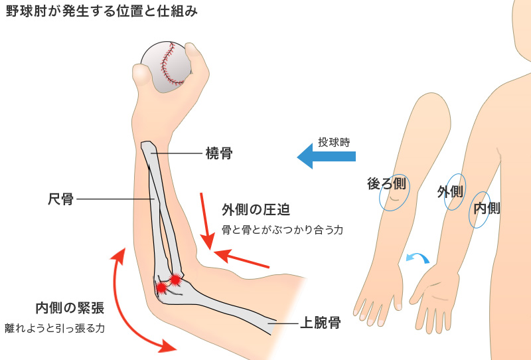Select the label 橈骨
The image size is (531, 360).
(218, 154)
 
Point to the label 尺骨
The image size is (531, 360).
(60, 198)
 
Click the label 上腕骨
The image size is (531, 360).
(321, 323)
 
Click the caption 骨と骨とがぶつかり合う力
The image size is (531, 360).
(282, 230)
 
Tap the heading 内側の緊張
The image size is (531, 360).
(70, 308)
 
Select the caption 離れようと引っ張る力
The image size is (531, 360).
(55, 327)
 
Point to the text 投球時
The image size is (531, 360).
(333, 141)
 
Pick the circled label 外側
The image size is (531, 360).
(450, 192)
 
